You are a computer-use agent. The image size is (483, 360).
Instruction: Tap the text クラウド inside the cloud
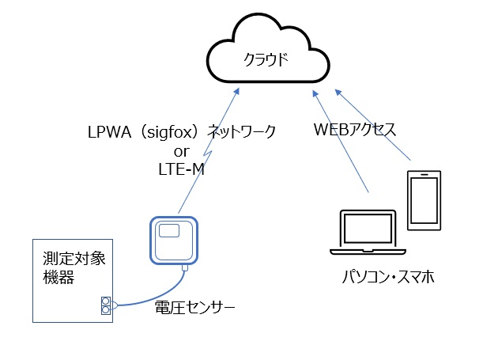[x=265, y=59]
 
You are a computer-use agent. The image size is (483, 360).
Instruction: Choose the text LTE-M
[x=182, y=168]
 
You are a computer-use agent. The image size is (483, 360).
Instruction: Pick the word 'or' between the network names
[x=182, y=150]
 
